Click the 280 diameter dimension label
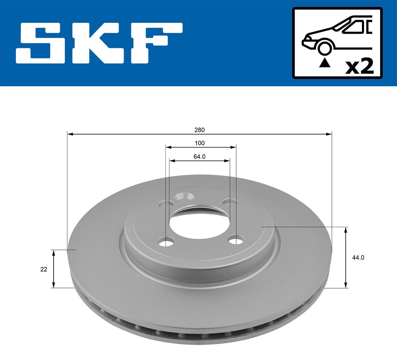[199, 130]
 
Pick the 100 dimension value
[199, 143]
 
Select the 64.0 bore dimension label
[199, 157]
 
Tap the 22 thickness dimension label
[44, 269]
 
